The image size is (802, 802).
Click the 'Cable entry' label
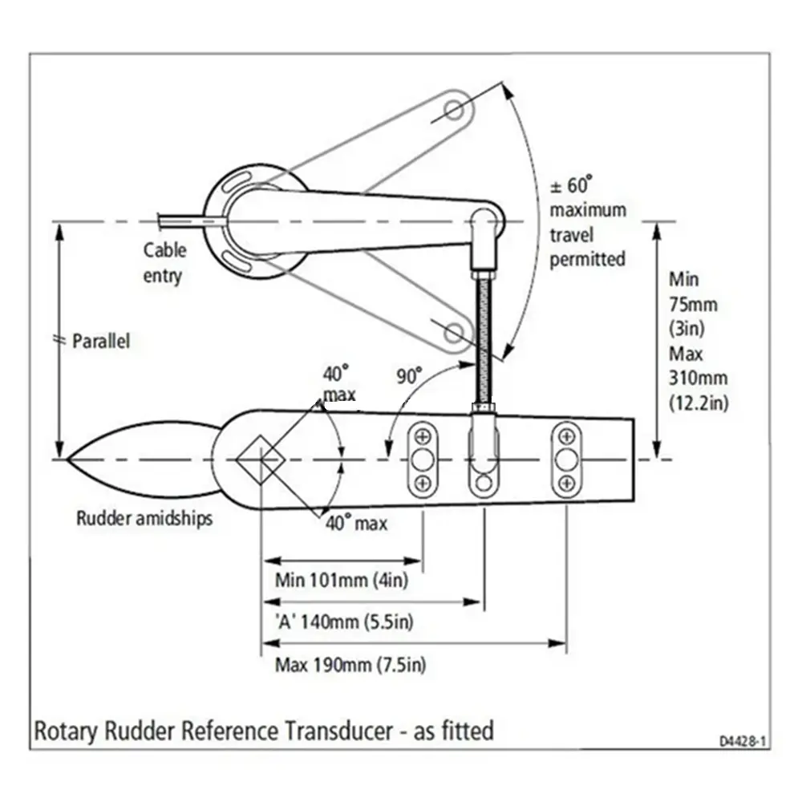164,263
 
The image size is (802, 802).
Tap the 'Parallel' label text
101,341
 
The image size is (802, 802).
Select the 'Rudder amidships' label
144,518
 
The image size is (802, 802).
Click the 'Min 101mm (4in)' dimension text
341,581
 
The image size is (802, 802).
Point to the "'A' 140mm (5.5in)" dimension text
344,622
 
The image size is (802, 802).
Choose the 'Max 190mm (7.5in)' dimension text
350,665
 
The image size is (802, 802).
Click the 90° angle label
410,376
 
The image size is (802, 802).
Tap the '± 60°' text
571,185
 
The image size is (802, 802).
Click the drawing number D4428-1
743,741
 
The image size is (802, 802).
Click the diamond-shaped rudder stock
261,460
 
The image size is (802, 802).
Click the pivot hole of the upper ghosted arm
453,110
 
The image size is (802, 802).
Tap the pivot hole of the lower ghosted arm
453,333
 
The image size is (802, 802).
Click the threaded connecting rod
484,338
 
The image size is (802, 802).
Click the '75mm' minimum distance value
693,305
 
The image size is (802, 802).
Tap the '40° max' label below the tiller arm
357,523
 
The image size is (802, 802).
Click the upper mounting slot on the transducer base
237,182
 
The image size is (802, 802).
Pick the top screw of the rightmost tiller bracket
566,437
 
